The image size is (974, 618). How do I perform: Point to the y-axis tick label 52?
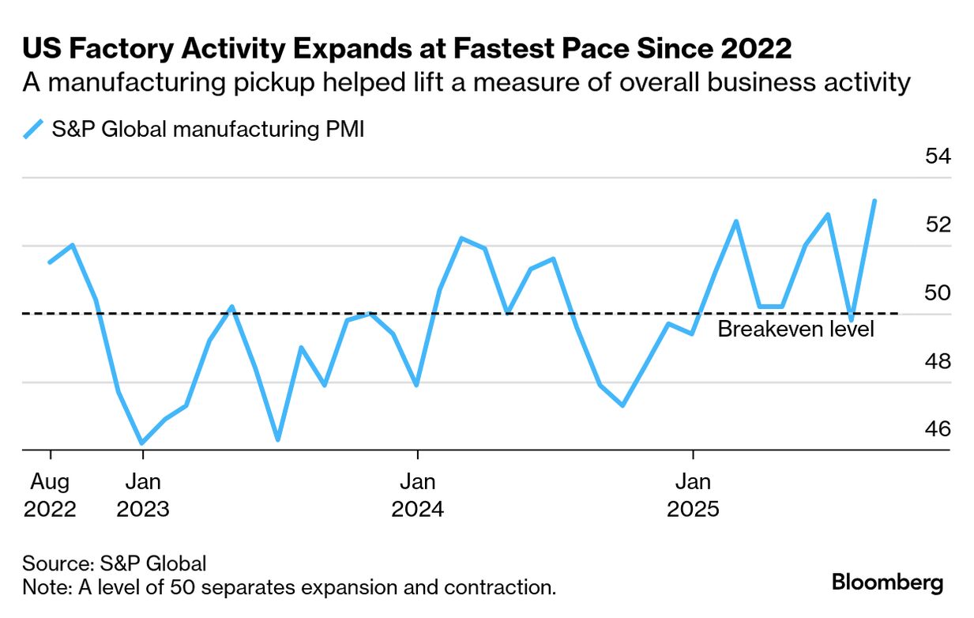938,224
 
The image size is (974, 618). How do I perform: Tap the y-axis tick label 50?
938,293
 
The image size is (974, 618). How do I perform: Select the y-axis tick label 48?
938,361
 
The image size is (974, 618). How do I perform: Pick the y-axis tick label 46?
938,429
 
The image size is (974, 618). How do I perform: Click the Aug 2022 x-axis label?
51,495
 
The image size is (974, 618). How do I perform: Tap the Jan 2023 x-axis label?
142,495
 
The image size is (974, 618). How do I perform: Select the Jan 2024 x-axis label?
417,495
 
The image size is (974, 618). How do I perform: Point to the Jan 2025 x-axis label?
693,495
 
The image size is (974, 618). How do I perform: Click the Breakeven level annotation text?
795,329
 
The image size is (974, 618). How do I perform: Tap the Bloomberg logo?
887,583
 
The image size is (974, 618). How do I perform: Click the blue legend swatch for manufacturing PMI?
33,129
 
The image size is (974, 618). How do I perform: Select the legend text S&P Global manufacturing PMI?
208,129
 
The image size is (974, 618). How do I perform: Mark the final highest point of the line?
874,201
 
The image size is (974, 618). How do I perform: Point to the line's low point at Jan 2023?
142,443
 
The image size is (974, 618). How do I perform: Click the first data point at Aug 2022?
51,262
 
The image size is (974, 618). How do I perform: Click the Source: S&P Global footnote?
115,563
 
